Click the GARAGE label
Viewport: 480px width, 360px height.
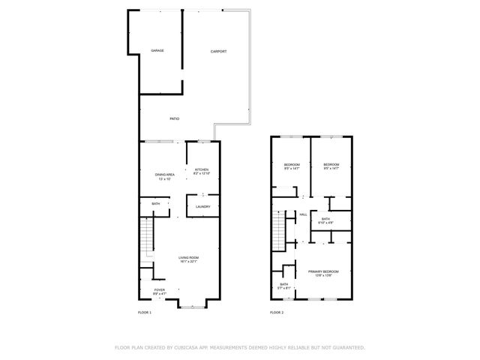click(x=157, y=51)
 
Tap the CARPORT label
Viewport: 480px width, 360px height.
click(x=218, y=51)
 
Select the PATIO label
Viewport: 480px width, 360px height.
click(x=174, y=118)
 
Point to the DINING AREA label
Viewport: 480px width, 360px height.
click(x=165, y=175)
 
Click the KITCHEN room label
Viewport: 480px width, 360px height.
click(x=202, y=170)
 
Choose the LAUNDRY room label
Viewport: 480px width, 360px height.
click(x=202, y=206)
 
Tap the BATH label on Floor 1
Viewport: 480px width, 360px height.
click(x=156, y=204)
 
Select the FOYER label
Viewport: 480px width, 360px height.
click(x=160, y=289)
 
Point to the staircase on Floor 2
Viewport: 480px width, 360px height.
click(x=280, y=231)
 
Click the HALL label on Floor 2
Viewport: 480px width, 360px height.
click(x=304, y=214)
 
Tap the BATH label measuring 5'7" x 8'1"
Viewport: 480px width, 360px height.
click(x=284, y=284)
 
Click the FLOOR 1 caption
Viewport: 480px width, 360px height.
click(x=145, y=312)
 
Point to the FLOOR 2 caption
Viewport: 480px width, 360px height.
click(x=277, y=312)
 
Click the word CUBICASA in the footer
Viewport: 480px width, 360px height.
click(x=186, y=347)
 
